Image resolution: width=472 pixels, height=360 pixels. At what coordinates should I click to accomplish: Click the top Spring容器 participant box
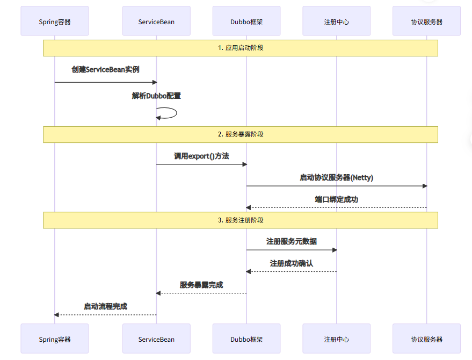point(55,21)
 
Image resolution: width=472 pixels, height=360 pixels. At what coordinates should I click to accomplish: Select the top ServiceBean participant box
point(156,21)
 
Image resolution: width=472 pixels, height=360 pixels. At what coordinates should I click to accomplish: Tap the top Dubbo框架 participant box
point(246,21)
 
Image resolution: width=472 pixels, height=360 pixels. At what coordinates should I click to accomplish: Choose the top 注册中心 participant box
point(337,21)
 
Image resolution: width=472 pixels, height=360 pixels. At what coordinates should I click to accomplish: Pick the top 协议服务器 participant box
point(427,21)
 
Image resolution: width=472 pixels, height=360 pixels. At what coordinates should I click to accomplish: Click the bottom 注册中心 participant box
point(337,339)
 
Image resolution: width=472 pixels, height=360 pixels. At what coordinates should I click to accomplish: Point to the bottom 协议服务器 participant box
point(427,339)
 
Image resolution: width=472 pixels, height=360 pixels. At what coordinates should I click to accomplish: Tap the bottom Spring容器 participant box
point(55,339)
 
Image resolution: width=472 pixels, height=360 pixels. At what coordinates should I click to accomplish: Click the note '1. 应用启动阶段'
point(241,48)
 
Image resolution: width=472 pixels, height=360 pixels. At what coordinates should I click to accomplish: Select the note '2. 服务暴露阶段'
point(241,134)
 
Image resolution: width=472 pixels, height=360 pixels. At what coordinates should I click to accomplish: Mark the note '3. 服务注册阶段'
point(241,220)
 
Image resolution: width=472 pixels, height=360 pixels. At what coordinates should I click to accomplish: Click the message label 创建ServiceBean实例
point(106,70)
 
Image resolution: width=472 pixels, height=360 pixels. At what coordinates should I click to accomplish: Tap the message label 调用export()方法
point(201,156)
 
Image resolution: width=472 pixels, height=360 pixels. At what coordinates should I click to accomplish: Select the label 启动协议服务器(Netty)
point(337,178)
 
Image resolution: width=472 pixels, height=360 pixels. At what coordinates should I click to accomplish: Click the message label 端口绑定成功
point(337,199)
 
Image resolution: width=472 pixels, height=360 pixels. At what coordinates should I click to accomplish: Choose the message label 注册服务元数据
point(292,242)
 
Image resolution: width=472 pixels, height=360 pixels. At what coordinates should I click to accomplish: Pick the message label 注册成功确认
point(292,263)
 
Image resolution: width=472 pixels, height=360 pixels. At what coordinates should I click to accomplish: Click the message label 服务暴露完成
point(201,285)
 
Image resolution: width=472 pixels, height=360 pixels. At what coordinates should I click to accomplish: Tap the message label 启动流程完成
point(106,306)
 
